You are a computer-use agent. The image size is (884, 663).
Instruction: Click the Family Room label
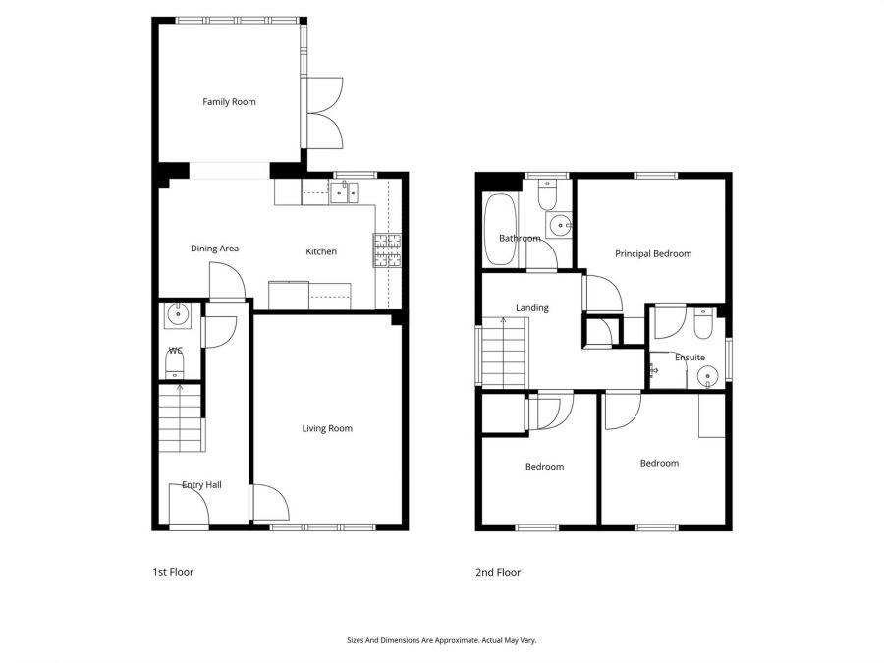click(229, 102)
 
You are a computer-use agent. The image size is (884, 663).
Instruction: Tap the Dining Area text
click(214, 249)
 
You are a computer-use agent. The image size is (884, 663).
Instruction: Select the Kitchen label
click(321, 252)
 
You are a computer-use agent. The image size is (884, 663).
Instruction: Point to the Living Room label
click(327, 428)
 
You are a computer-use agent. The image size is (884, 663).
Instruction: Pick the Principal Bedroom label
click(653, 254)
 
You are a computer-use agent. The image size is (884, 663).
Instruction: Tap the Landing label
click(531, 308)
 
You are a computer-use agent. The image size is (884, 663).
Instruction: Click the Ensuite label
click(690, 358)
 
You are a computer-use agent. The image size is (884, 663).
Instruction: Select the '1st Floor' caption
click(173, 572)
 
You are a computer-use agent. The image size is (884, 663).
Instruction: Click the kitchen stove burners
click(387, 250)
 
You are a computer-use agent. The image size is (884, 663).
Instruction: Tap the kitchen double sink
click(344, 192)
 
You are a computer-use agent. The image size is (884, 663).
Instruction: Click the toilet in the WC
click(175, 366)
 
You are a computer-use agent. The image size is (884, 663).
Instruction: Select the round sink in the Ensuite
click(707, 377)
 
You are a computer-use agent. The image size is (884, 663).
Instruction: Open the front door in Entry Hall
click(188, 509)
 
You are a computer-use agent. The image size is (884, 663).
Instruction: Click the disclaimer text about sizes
click(441, 640)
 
